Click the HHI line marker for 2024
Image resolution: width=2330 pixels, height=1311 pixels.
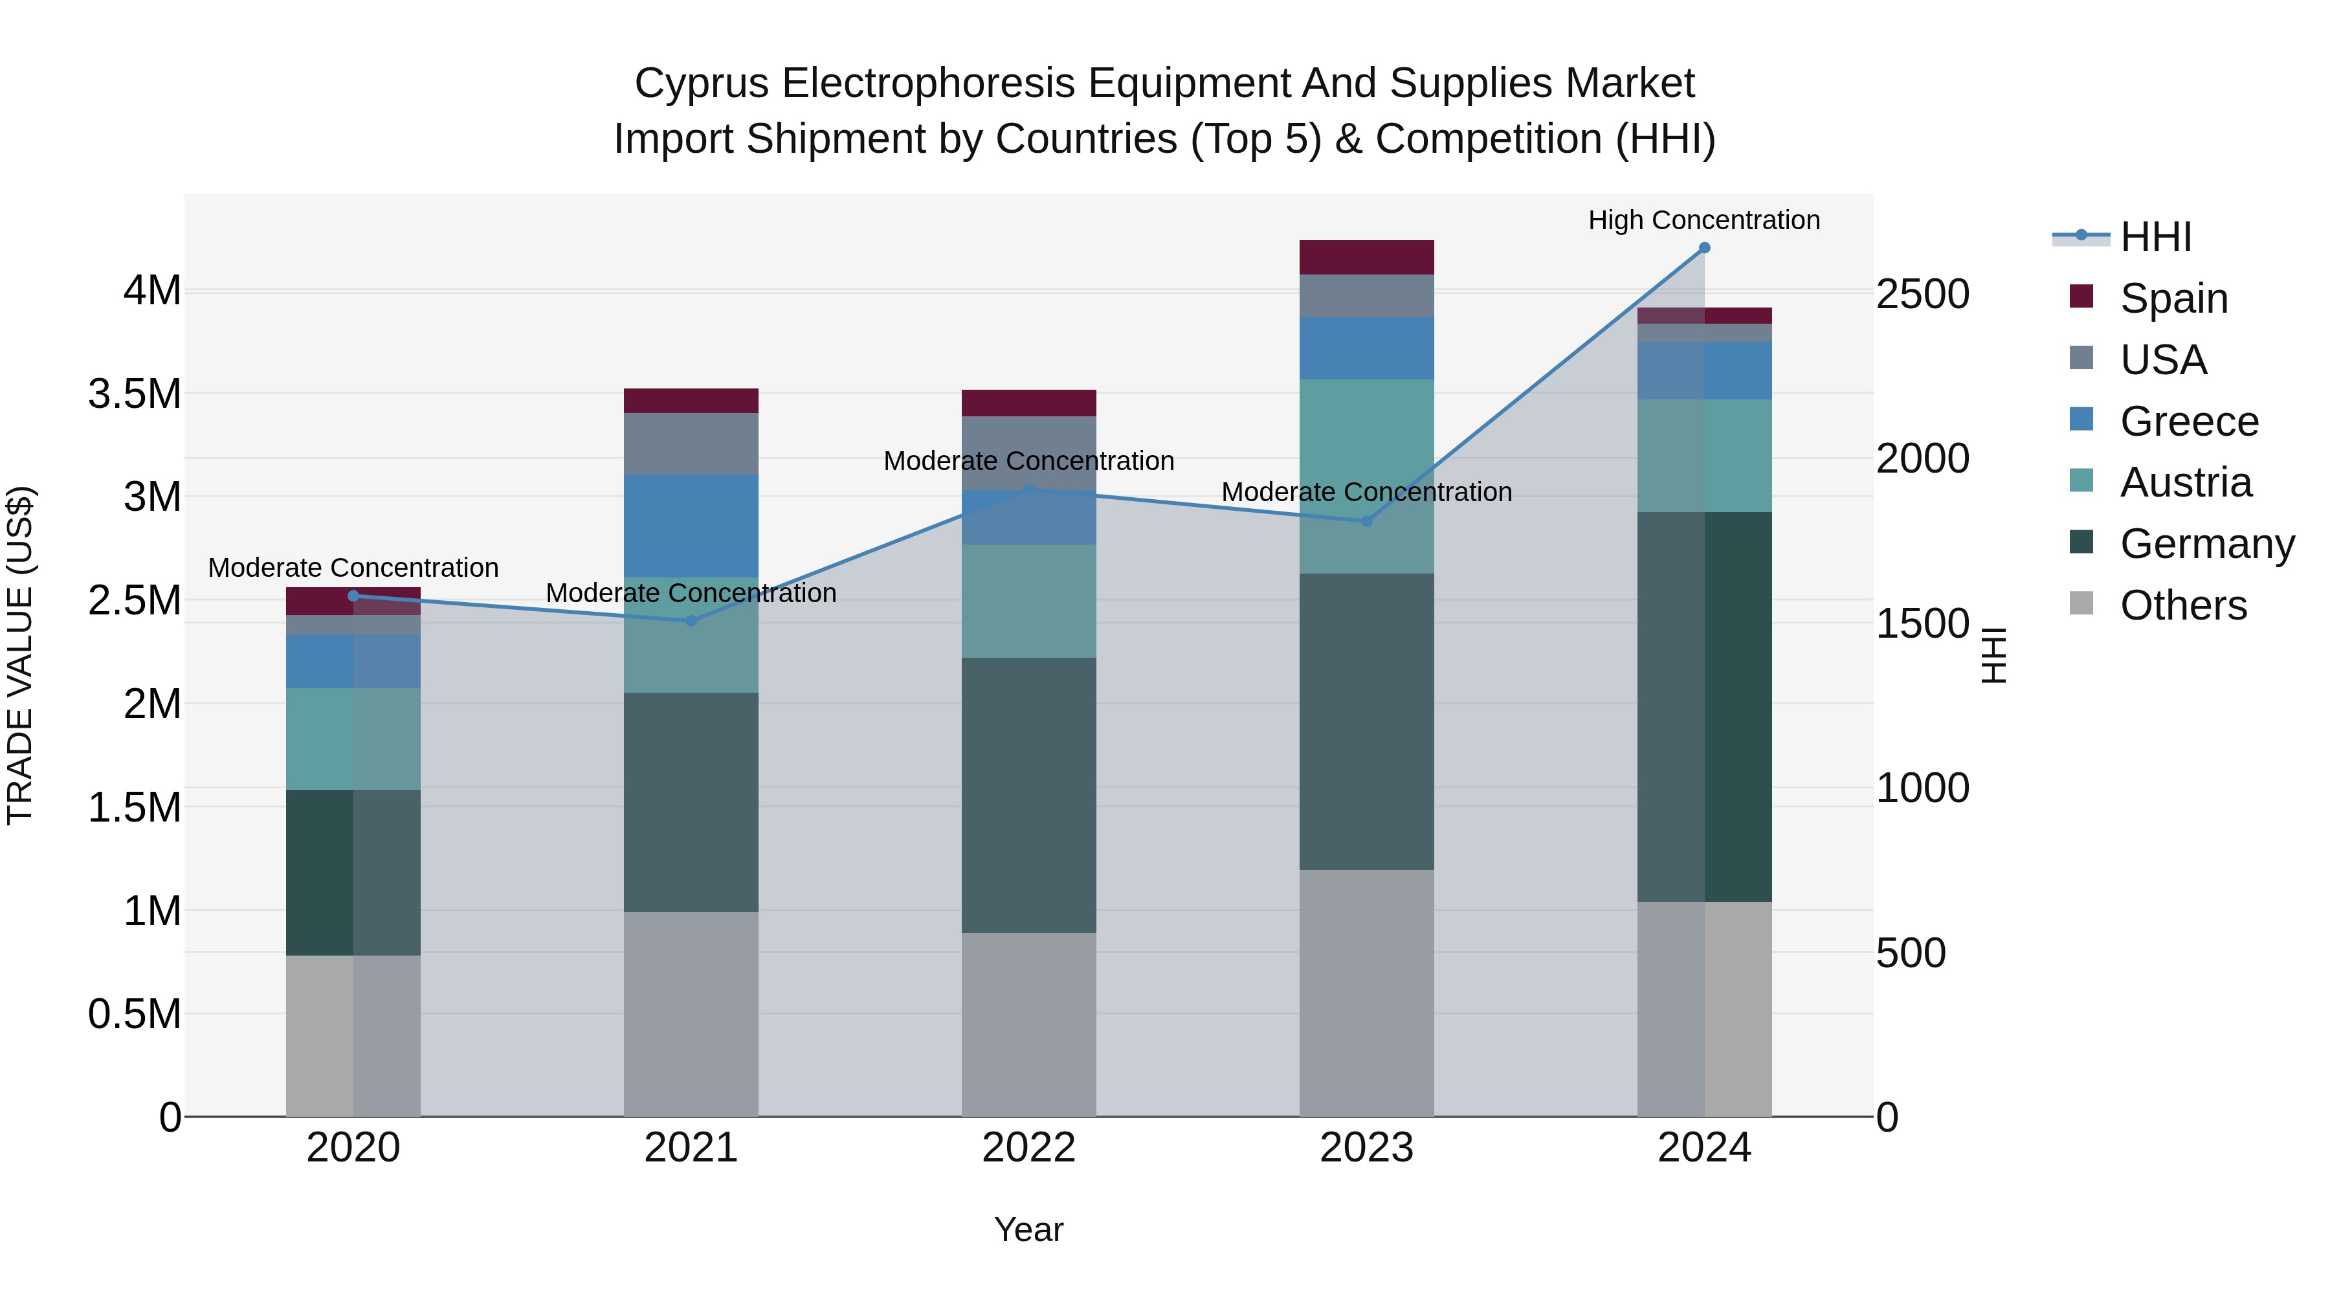1704,248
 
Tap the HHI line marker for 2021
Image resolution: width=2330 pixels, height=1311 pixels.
691,621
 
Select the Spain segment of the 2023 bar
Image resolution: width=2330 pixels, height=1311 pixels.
1366,258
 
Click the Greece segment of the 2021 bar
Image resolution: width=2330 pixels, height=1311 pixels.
691,526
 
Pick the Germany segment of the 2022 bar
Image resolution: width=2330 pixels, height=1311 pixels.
1028,794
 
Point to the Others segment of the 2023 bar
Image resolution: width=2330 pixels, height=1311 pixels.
1366,992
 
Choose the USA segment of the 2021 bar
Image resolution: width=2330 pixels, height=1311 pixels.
691,443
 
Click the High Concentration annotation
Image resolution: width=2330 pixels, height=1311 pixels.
1704,220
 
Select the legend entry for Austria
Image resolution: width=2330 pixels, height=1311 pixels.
2185,482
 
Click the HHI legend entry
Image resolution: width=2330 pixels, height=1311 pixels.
2155,237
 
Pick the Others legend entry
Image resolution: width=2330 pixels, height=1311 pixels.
2182,605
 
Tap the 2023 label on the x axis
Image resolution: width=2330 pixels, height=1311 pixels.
1366,1147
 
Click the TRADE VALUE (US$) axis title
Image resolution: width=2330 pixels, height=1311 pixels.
20,655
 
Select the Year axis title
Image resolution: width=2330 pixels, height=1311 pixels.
1028,1229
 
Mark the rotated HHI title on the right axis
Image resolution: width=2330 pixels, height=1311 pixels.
1993,655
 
